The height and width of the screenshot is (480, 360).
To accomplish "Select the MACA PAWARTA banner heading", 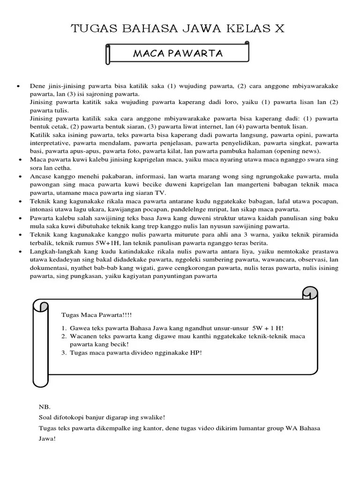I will click(x=178, y=53).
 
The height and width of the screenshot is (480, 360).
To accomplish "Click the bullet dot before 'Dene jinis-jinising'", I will click(x=18, y=87).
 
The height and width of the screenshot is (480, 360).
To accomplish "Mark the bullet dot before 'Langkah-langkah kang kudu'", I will click(x=18, y=252).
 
